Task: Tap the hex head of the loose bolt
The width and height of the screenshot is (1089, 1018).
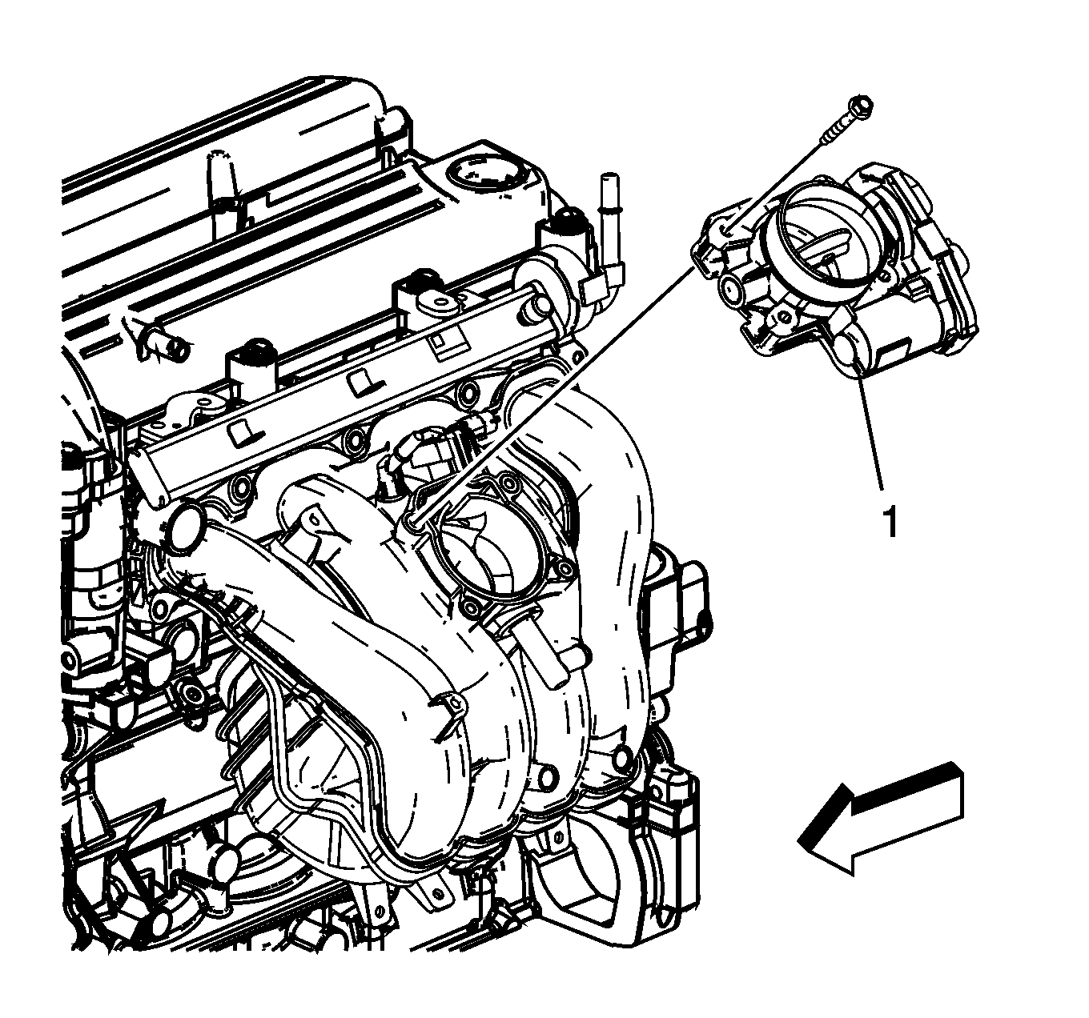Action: tap(860, 105)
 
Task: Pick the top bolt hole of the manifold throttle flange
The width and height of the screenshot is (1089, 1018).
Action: tap(512, 485)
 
